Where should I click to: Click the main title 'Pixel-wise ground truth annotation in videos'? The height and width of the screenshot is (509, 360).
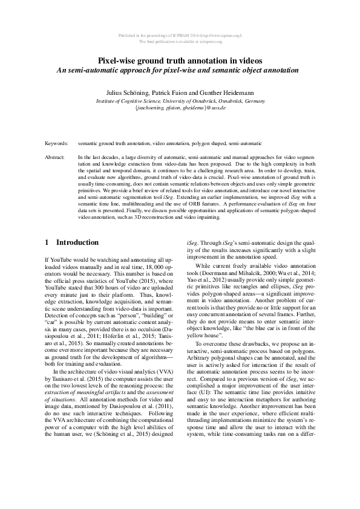pyautogui.click(x=180, y=60)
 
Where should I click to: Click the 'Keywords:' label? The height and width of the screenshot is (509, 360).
pyautogui.click(x=56, y=144)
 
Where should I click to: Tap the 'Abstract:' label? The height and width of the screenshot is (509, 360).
pyautogui.click(x=55, y=157)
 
